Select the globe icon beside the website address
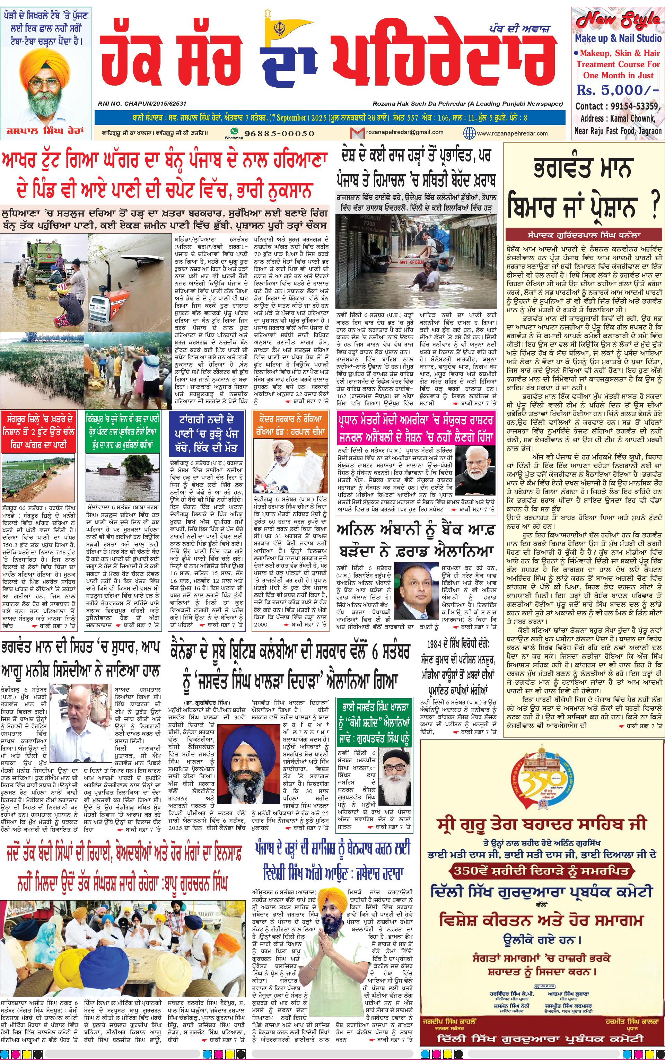pyautogui.click(x=469, y=133)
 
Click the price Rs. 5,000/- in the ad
pyautogui.click(x=618, y=90)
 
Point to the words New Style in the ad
pyautogui.click(x=618, y=20)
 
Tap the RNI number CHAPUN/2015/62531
pyautogui.click(x=142, y=104)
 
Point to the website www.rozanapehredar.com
pyautogui.click(x=512, y=133)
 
